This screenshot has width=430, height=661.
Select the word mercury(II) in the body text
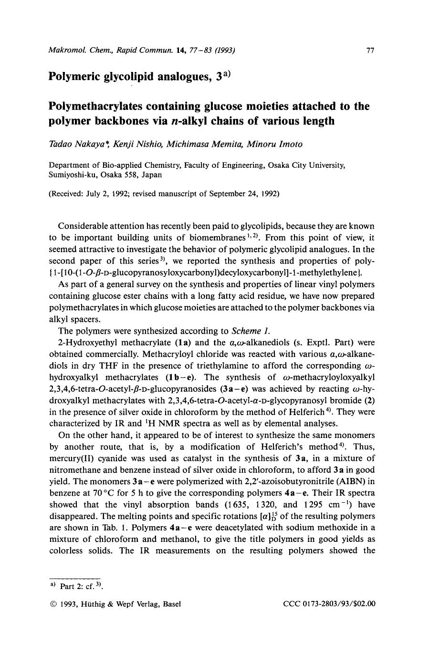pyautogui.click(x=70, y=458)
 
